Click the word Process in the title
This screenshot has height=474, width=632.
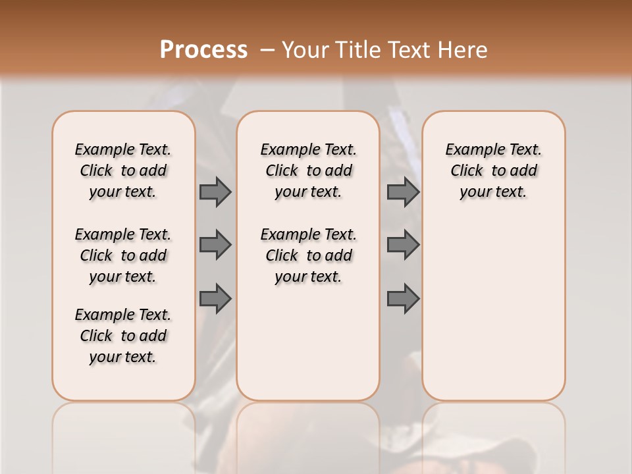pyautogui.click(x=203, y=49)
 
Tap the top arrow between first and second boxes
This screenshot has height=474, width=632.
pyautogui.click(x=215, y=192)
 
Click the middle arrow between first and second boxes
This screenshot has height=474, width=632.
pyautogui.click(x=215, y=245)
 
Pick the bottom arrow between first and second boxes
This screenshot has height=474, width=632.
pyautogui.click(x=215, y=299)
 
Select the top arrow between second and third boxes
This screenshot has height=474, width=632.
pyautogui.click(x=403, y=192)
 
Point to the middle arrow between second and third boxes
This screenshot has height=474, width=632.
pyautogui.click(x=403, y=245)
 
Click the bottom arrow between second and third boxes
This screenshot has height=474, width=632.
pyautogui.click(x=403, y=299)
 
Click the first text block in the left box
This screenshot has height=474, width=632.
pyautogui.click(x=123, y=171)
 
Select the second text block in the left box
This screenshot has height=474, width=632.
pyautogui.click(x=123, y=255)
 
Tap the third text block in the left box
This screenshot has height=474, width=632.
pyautogui.click(x=123, y=336)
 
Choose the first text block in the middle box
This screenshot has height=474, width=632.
pyautogui.click(x=309, y=171)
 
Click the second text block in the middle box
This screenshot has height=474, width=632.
pyautogui.click(x=309, y=255)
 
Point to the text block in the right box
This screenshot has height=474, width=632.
pyautogui.click(x=494, y=171)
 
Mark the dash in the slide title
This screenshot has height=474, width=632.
pyautogui.click(x=267, y=50)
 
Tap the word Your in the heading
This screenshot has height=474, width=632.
pyautogui.click(x=307, y=50)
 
